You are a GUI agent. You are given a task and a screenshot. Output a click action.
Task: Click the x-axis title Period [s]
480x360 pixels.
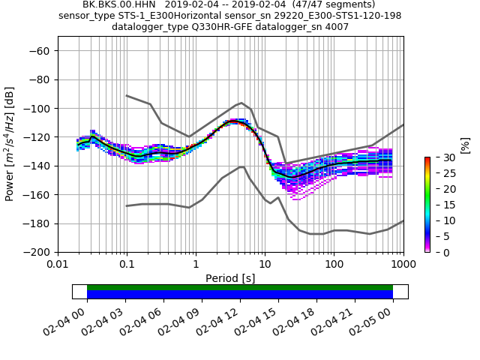[230, 278]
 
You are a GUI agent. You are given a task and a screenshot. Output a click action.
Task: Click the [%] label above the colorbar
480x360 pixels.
[465, 145]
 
